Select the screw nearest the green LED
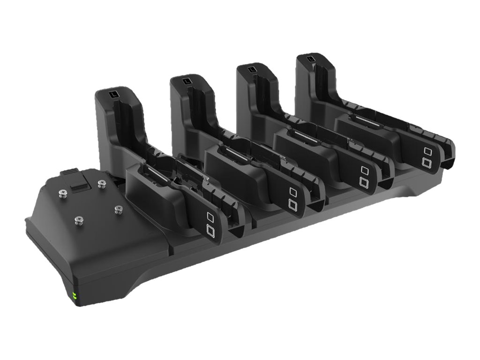[x=78, y=218]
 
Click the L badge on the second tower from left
[x=187, y=82]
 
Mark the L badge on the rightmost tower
[x=311, y=60]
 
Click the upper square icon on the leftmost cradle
[x=210, y=217]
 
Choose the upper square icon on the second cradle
[x=293, y=192]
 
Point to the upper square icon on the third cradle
[x=364, y=169]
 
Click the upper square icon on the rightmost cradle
[x=427, y=151]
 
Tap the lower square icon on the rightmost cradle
[x=427, y=162]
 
